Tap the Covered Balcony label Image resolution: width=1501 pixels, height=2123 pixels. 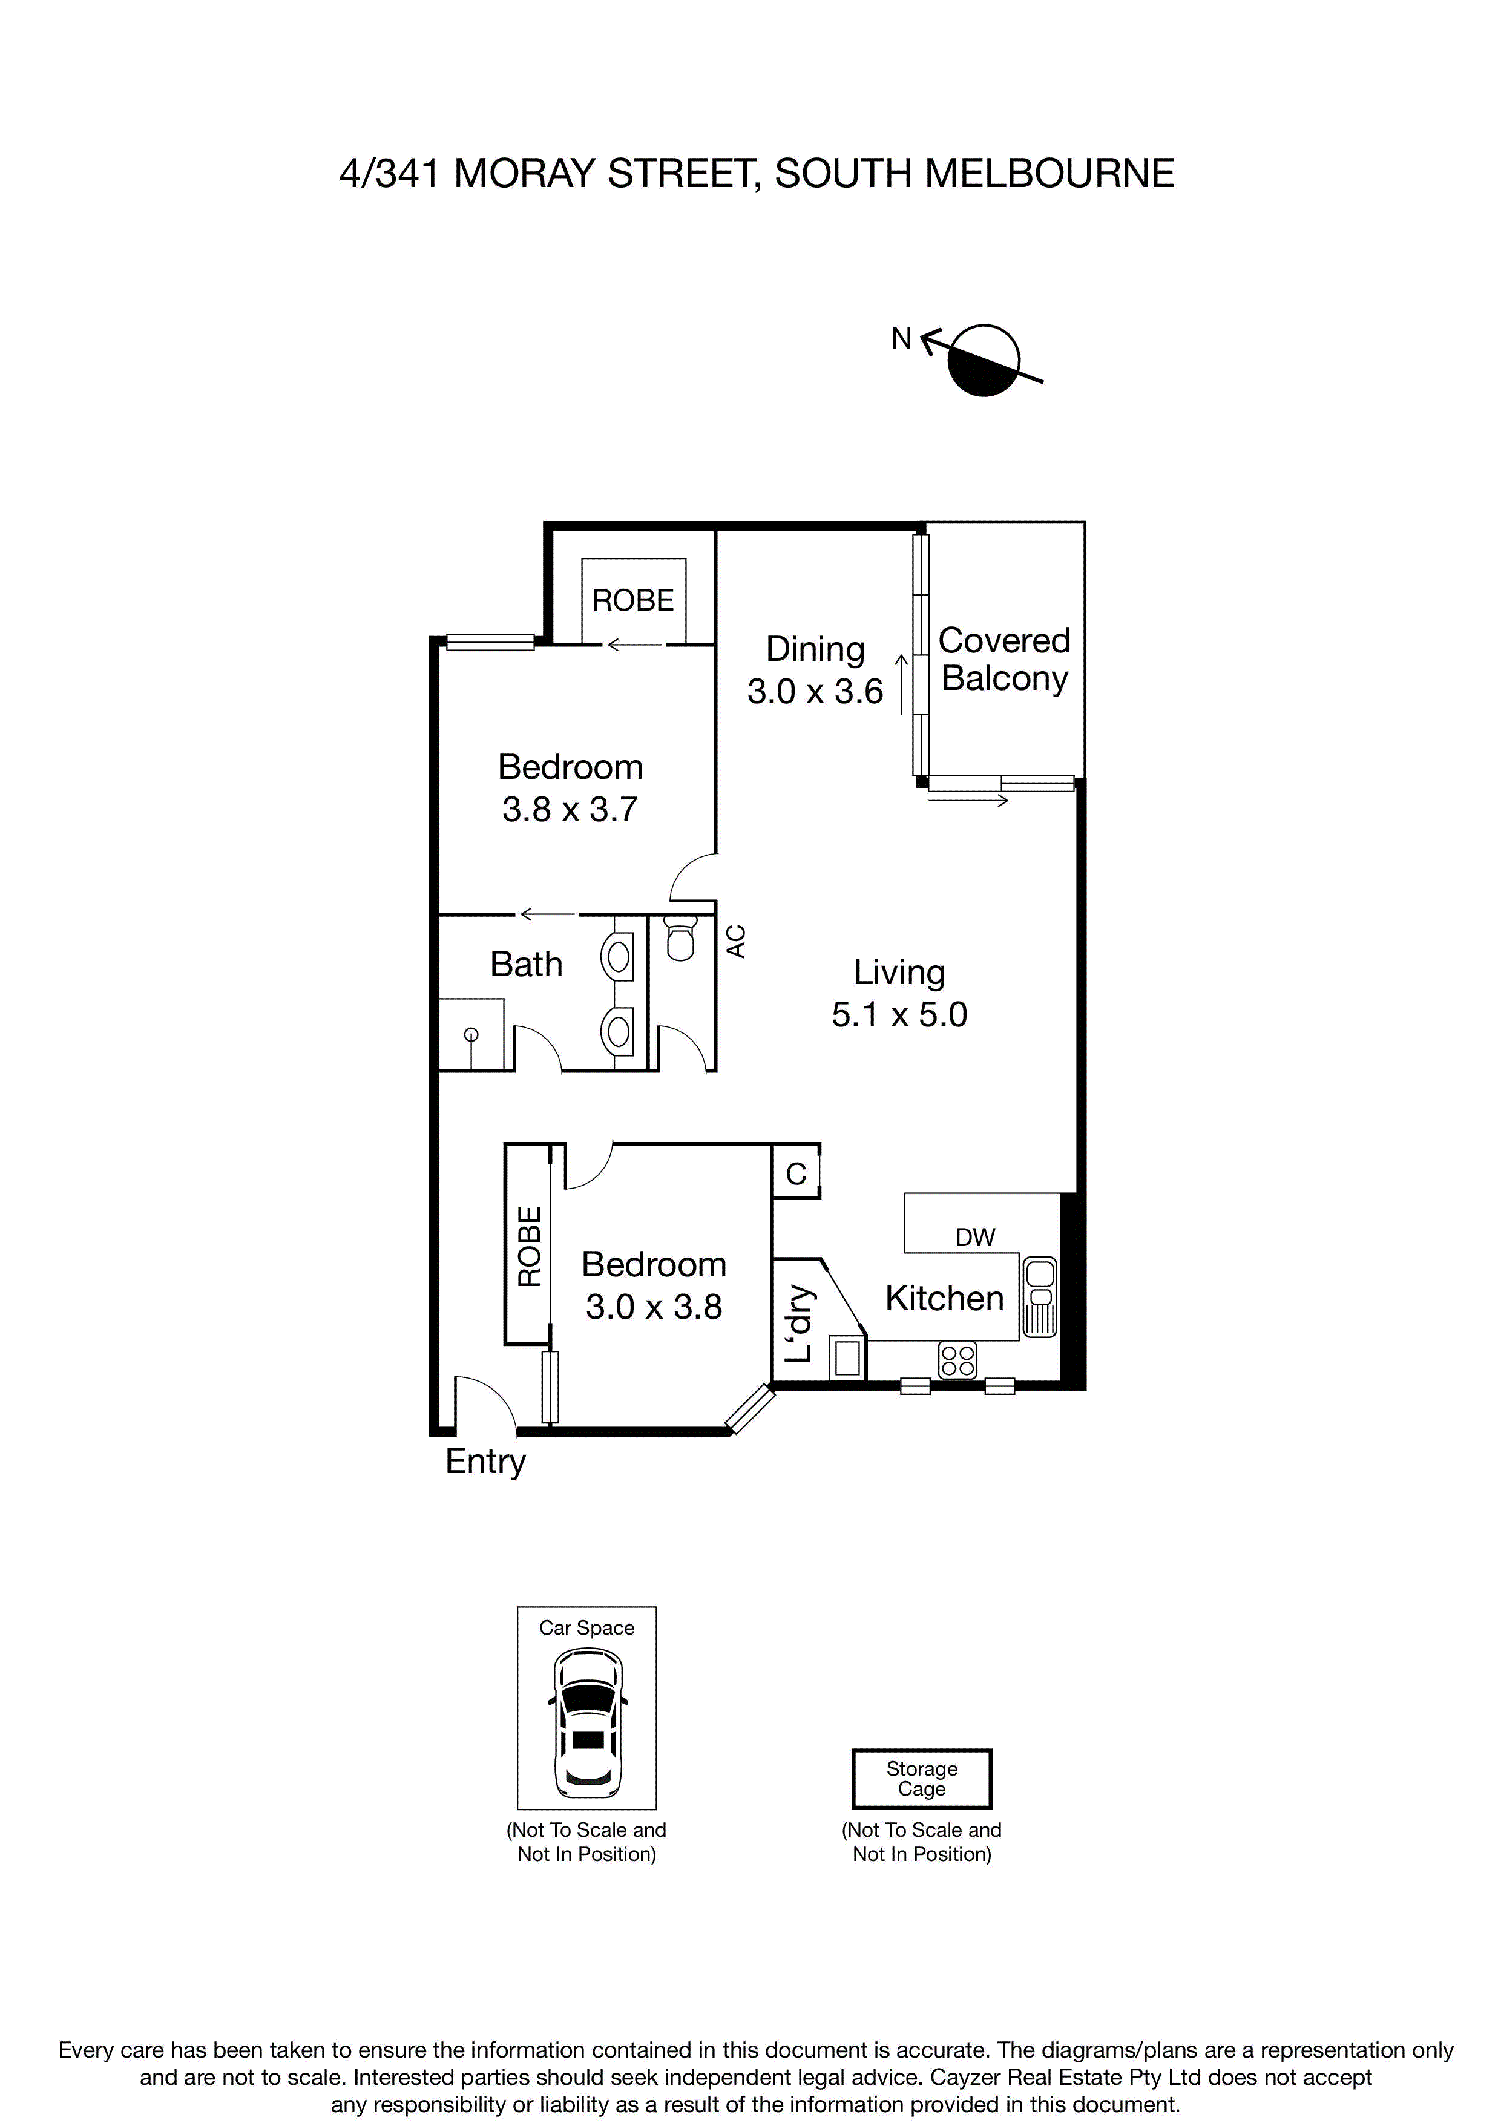[x=1004, y=659]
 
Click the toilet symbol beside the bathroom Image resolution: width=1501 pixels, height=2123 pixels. [x=681, y=940]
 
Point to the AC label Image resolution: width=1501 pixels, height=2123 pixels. [x=736, y=941]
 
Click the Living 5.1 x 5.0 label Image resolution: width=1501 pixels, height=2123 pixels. [x=899, y=993]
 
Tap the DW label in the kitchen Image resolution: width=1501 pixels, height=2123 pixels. [x=975, y=1237]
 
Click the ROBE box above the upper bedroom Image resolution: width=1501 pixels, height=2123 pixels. [x=634, y=600]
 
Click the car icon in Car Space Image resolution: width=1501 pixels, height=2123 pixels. [x=586, y=1720]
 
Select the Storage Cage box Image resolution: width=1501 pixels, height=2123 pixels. [x=921, y=1778]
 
